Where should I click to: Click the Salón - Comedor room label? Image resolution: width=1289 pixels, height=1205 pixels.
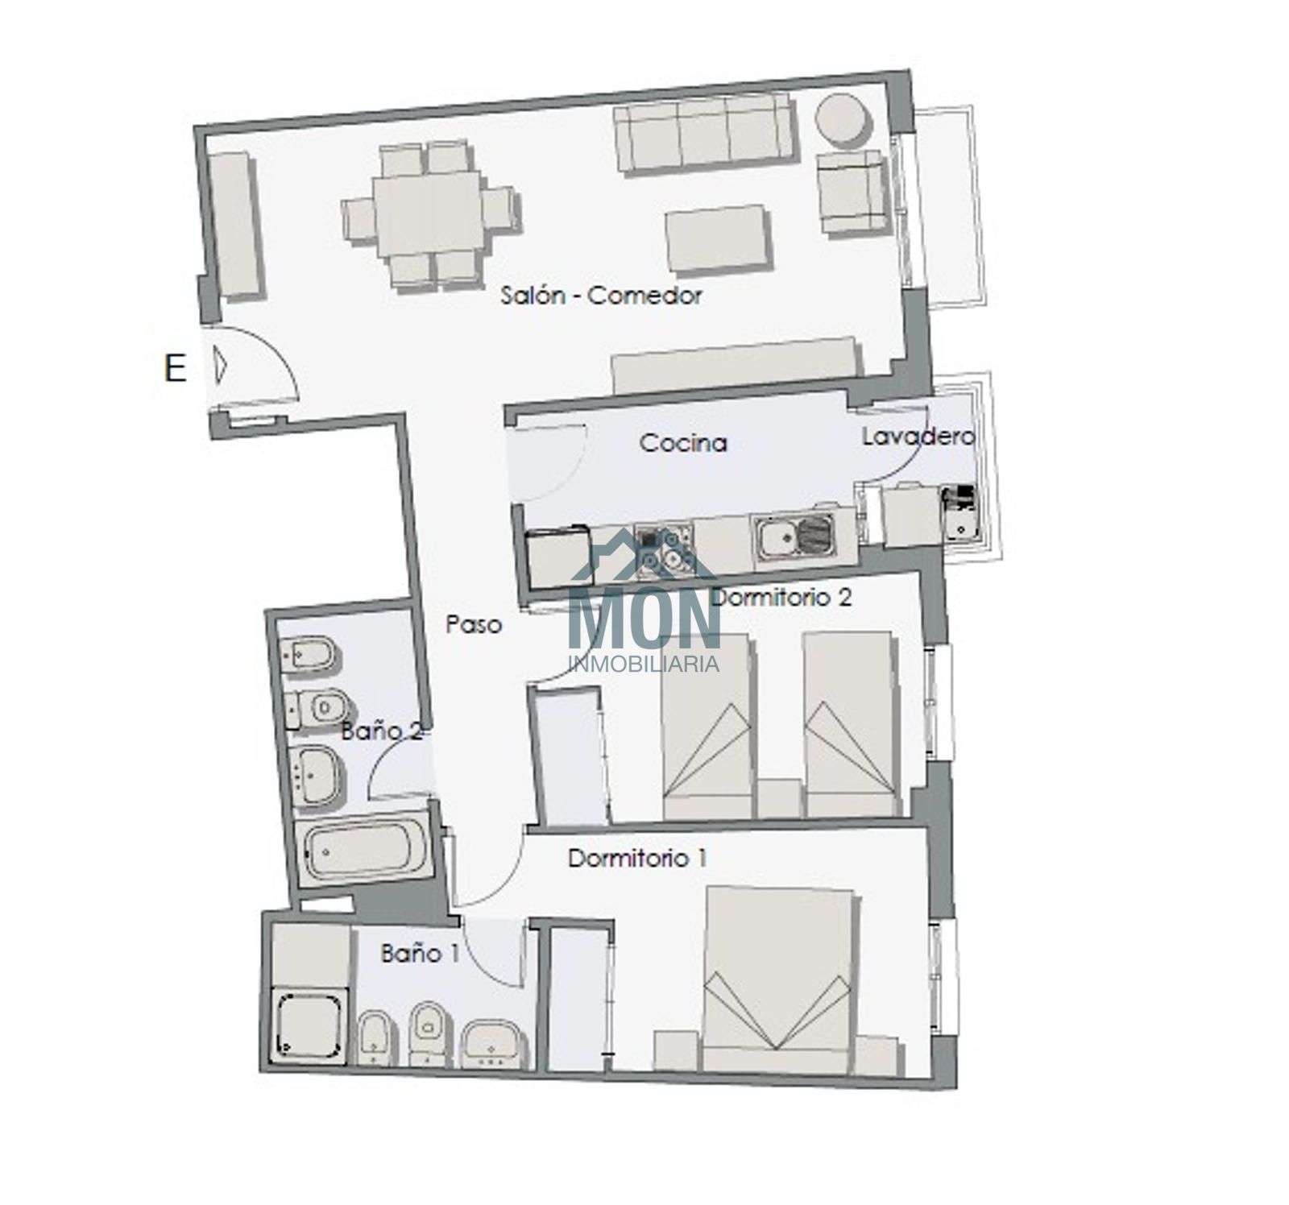click(x=601, y=296)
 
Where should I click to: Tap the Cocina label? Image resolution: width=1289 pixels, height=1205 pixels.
click(x=683, y=442)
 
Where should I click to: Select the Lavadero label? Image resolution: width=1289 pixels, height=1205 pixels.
click(x=918, y=437)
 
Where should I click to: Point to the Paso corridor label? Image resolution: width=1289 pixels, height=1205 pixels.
click(x=474, y=623)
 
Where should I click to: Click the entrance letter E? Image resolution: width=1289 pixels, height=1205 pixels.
click(x=175, y=369)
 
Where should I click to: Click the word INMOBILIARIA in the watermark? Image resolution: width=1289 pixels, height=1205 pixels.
click(x=644, y=664)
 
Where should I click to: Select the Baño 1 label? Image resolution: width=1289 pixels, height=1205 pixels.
click(x=420, y=954)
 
